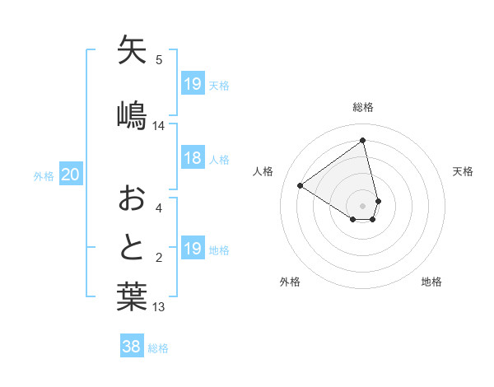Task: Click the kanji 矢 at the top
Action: (x=132, y=49)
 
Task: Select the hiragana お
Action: (x=132, y=198)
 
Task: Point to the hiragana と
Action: (x=132, y=247)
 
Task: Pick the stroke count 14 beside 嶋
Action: (x=159, y=126)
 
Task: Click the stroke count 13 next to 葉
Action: (x=159, y=307)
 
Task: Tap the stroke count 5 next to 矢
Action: (x=159, y=59)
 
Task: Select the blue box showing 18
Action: (x=193, y=159)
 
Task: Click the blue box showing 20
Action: (x=71, y=175)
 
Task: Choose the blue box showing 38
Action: (x=132, y=347)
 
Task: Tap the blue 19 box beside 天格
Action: (x=193, y=84)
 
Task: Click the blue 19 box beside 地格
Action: (x=193, y=249)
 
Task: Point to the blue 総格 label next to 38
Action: (x=159, y=348)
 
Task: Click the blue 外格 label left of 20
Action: (x=44, y=175)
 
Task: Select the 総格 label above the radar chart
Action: (x=363, y=107)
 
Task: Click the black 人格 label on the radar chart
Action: (x=263, y=171)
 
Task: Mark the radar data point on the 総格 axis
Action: (x=363, y=141)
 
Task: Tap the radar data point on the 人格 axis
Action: (x=301, y=185)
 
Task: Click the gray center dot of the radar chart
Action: (x=363, y=205)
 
